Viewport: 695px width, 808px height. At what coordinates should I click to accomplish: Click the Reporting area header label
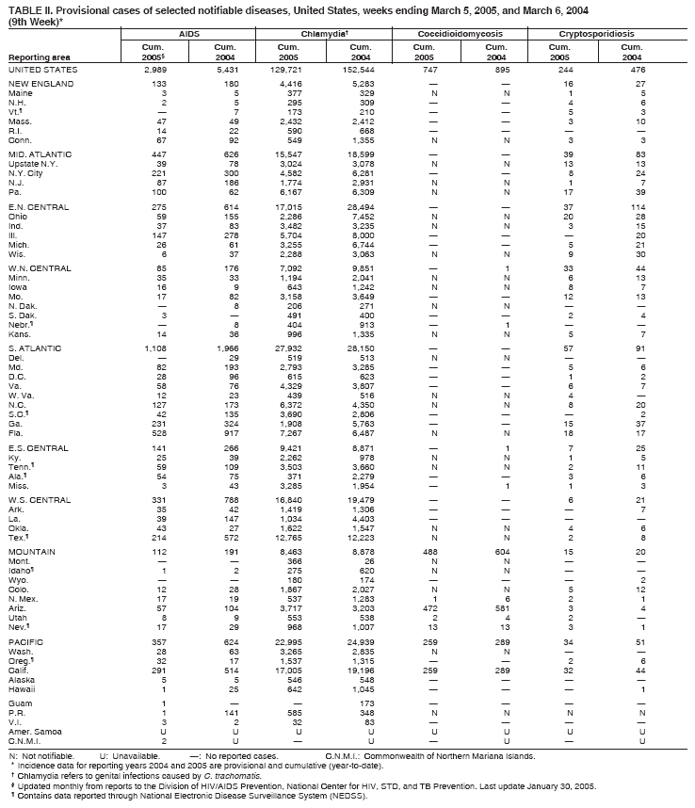click(x=36, y=57)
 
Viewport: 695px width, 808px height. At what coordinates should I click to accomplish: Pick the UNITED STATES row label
click(x=43, y=70)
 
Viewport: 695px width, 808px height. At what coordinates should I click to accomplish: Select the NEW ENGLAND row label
click(x=40, y=85)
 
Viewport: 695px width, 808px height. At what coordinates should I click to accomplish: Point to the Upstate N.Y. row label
click(x=35, y=164)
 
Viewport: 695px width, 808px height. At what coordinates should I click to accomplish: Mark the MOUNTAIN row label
click(x=31, y=550)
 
